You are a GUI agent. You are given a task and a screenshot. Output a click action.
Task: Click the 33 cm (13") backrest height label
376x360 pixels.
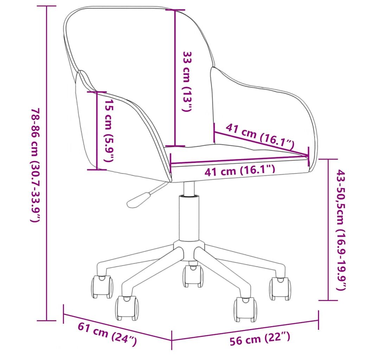[187, 82]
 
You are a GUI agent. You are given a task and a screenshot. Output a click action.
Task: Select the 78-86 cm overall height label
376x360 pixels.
[36, 165]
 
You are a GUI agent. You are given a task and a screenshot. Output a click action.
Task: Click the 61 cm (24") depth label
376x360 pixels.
[107, 334]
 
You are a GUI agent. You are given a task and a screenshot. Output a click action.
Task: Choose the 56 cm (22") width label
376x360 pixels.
[260, 338]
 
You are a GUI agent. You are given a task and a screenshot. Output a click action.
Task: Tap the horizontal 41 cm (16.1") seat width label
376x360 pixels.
[240, 171]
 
